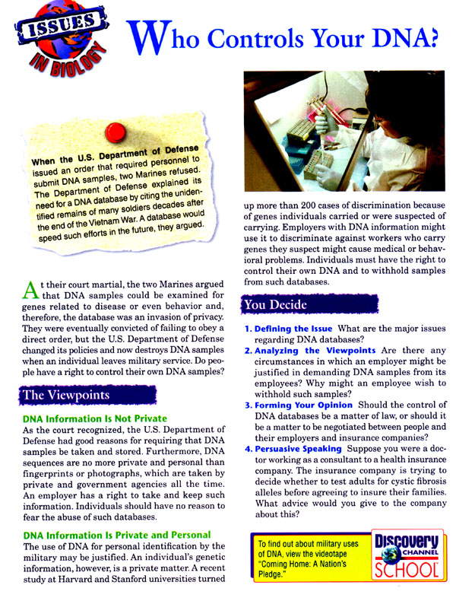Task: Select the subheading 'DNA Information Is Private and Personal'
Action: (x=110, y=535)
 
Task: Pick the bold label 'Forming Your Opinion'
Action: (x=305, y=405)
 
